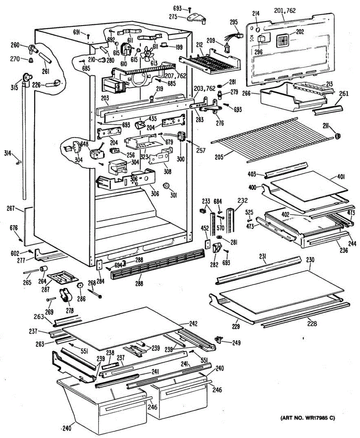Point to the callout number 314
[7, 153]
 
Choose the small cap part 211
[337, 136]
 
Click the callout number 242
[193, 323]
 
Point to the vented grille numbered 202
[283, 39]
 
